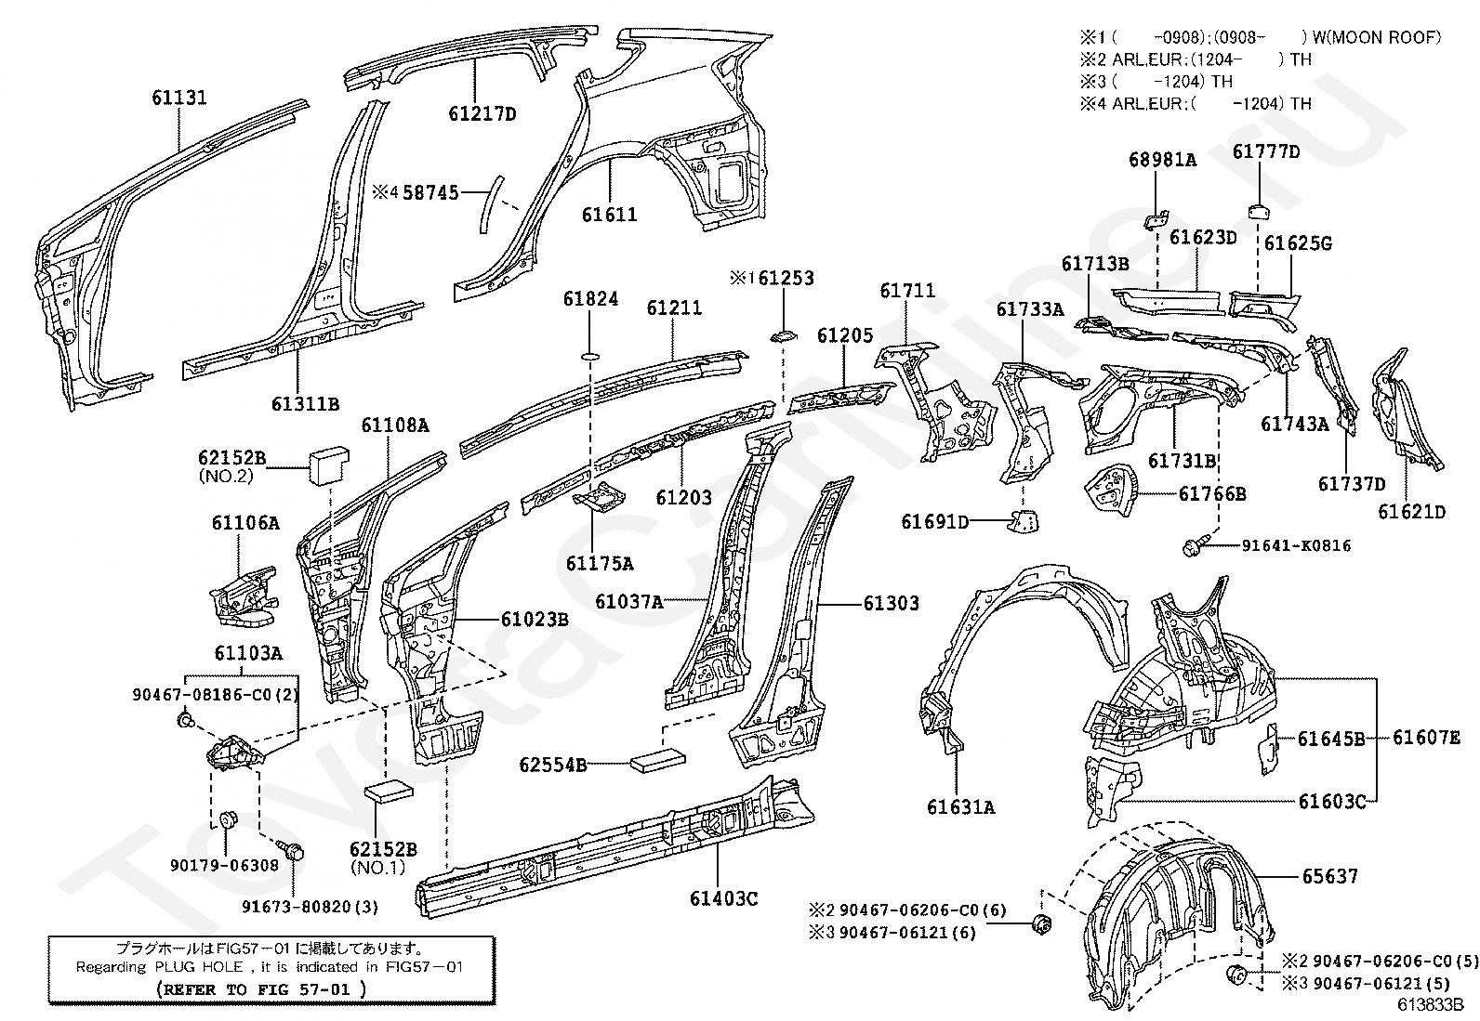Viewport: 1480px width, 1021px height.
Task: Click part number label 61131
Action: pyautogui.click(x=179, y=98)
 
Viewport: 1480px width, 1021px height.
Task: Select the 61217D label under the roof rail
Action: pyautogui.click(x=482, y=114)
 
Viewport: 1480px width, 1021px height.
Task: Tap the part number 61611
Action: pyautogui.click(x=609, y=215)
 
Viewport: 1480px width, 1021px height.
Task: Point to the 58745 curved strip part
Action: pyautogui.click(x=491, y=204)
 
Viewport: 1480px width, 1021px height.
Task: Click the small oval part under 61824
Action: pyautogui.click(x=590, y=357)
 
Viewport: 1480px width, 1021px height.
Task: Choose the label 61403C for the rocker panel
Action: pyautogui.click(x=723, y=898)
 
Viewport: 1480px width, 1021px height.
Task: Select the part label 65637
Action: pyautogui.click(x=1330, y=876)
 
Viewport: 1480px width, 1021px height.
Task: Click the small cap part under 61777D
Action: pyautogui.click(x=1259, y=211)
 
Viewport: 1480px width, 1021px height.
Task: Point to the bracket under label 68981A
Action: pyautogui.click(x=1156, y=219)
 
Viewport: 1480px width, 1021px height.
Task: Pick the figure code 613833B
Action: pyautogui.click(x=1431, y=1004)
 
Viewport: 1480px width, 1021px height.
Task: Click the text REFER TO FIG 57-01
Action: pyautogui.click(x=260, y=988)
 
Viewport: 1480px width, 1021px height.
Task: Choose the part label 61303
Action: pyautogui.click(x=892, y=603)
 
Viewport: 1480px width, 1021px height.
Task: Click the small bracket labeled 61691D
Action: pyautogui.click(x=1023, y=521)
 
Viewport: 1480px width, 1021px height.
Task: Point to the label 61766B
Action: pyautogui.click(x=1212, y=494)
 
